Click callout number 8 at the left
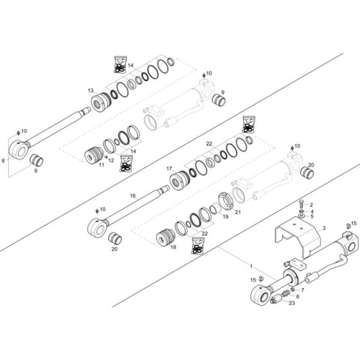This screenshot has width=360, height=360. [5, 158]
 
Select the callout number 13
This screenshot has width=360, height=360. [91, 91]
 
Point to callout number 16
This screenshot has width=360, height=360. [133, 195]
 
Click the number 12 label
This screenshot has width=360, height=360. [111, 160]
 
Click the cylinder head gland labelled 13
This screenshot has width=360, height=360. [104, 102]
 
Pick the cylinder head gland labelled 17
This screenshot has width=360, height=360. [183, 177]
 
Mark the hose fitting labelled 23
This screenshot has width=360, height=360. [278, 298]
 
